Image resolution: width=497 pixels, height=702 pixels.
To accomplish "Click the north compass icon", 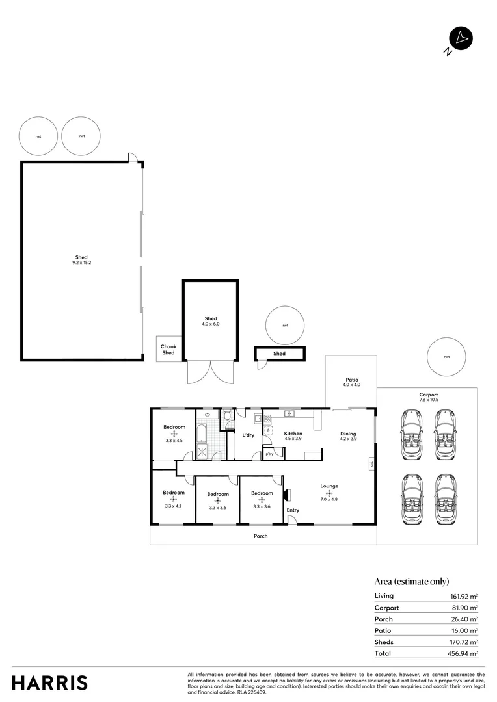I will [x=461, y=39].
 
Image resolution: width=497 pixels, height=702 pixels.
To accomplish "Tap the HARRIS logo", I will [x=50, y=682].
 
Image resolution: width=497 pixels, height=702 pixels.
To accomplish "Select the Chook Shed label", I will [x=168, y=350].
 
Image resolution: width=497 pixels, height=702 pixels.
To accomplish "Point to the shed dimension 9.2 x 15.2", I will [x=81, y=263].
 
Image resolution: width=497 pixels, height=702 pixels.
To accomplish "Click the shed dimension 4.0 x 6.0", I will [x=211, y=324].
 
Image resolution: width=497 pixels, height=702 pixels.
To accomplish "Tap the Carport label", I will [x=428, y=395].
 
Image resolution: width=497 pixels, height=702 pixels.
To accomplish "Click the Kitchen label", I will [x=293, y=433].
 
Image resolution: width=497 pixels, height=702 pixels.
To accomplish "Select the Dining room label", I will [x=349, y=433].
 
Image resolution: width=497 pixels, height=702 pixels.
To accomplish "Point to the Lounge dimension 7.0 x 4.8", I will [x=329, y=499].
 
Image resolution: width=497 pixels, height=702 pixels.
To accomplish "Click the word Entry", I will [x=293, y=510].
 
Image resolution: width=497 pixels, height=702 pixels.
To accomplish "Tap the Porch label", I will [x=260, y=536].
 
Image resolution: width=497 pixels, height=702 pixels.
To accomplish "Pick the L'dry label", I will [x=248, y=435].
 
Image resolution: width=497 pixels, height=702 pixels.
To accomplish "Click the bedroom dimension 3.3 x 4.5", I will [x=174, y=441].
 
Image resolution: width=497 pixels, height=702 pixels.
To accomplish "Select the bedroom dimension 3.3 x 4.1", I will [x=174, y=506].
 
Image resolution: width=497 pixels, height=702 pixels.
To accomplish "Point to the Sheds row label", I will [x=384, y=642].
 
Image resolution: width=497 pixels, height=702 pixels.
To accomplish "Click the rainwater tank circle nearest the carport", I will [x=446, y=357].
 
